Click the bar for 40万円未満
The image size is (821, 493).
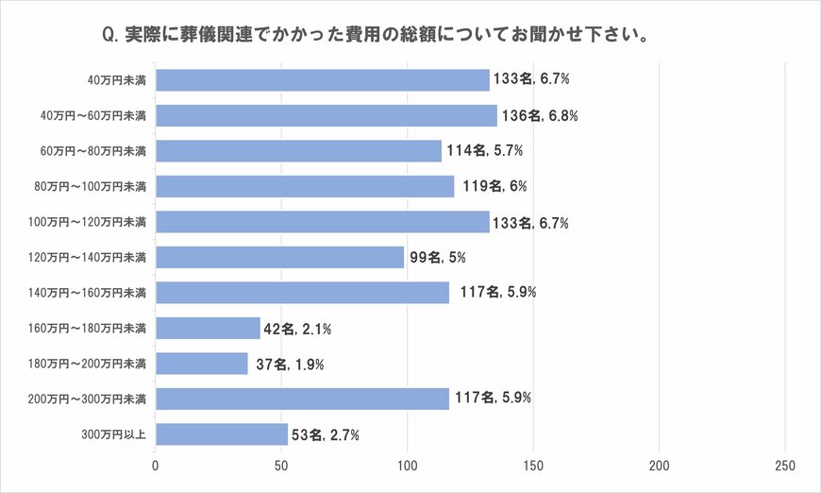pyautogui.click(x=322, y=80)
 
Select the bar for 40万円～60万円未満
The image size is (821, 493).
pyautogui.click(x=326, y=115)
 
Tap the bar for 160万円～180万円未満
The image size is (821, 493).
pyautogui.click(x=208, y=328)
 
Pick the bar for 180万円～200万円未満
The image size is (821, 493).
pyautogui.click(x=201, y=364)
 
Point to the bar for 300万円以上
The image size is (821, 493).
pyautogui.click(x=221, y=434)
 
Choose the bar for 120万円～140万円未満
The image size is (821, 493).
pyautogui.click(x=279, y=257)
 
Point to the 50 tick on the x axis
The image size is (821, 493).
pyautogui.click(x=281, y=466)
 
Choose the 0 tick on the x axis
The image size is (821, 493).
pyautogui.click(x=156, y=466)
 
